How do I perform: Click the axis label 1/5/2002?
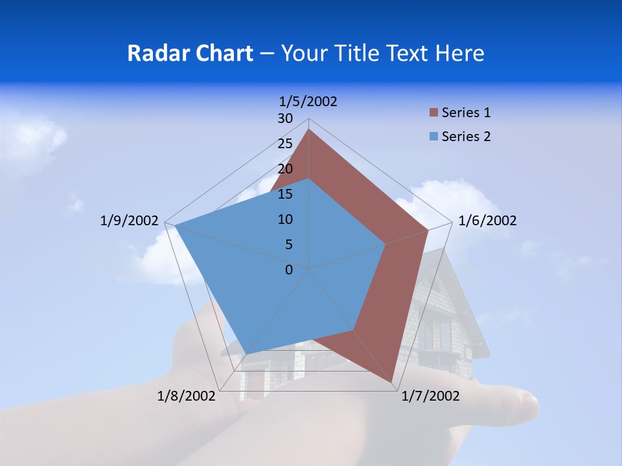click(x=308, y=102)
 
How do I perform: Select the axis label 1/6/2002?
click(x=487, y=221)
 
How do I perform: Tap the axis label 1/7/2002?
click(x=430, y=396)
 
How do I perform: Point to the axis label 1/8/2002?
click(x=187, y=396)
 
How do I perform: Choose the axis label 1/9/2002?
click(x=129, y=221)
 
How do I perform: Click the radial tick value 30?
click(x=285, y=118)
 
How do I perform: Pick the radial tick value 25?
click(x=285, y=144)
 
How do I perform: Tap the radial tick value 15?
click(x=285, y=194)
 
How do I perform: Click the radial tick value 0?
click(x=289, y=270)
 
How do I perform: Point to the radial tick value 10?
click(x=285, y=219)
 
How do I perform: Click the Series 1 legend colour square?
click(x=433, y=113)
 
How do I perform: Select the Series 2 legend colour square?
click(x=433, y=137)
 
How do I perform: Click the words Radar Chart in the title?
click(x=190, y=53)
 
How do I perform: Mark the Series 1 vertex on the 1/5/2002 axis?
click(x=308, y=129)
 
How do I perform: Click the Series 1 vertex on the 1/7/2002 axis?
click(x=392, y=383)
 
